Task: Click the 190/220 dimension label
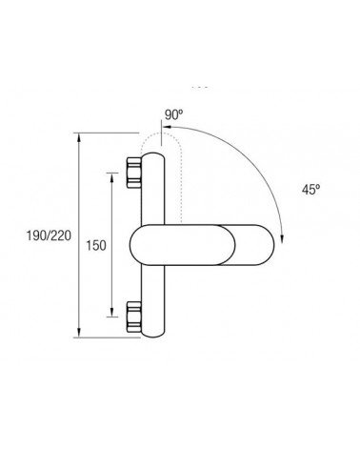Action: click(49, 235)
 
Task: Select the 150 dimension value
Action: click(96, 245)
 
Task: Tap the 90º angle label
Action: click(174, 114)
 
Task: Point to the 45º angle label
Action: click(310, 190)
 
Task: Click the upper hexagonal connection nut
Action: click(133, 173)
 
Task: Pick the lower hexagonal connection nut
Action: click(133, 317)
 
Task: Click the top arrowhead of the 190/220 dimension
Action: click(79, 137)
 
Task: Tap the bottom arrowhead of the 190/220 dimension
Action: click(79, 333)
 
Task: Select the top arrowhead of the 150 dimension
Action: click(111, 177)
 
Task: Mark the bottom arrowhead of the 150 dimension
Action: click(111, 312)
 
